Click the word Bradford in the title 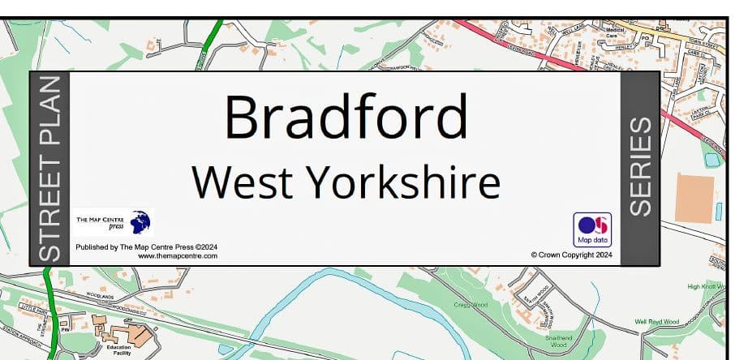click(x=346, y=118)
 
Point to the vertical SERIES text click(x=641, y=167)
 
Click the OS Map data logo click(x=592, y=229)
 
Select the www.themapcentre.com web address click(x=178, y=255)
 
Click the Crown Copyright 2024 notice click(x=571, y=254)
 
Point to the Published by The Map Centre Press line click(x=146, y=246)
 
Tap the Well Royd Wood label click(x=656, y=322)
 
